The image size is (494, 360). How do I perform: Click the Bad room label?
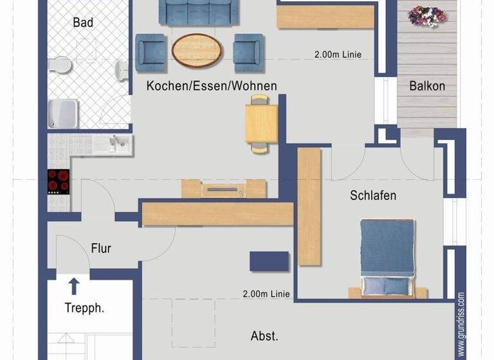click(x=83, y=22)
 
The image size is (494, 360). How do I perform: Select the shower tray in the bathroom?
click(x=64, y=113)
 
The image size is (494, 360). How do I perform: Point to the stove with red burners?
click(x=59, y=181)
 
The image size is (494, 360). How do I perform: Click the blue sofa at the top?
click(x=196, y=11)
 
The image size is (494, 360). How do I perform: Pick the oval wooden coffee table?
click(x=197, y=49)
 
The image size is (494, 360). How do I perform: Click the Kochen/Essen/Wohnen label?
click(x=212, y=85)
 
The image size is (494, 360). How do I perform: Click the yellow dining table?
click(x=261, y=123)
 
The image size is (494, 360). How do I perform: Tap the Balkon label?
click(x=427, y=85)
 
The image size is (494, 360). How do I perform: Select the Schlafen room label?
click(x=373, y=195)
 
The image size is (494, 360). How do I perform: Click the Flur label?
click(x=101, y=248)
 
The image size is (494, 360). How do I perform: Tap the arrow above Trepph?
click(x=74, y=285)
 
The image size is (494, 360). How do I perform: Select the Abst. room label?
click(x=264, y=336)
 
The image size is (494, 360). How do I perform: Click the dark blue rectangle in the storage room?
click(x=269, y=261)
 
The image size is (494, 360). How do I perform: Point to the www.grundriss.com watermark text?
click(x=461, y=325)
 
